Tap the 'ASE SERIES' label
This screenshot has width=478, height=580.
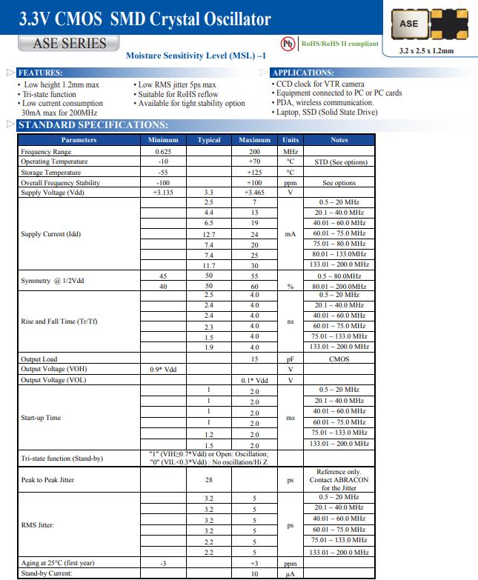click(70, 43)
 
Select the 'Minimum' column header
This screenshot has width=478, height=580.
click(163, 139)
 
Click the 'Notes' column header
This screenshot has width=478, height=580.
click(339, 139)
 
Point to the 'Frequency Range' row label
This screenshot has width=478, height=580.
click(46, 151)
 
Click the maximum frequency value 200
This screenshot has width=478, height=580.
click(253, 151)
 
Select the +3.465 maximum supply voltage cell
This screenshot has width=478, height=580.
click(253, 193)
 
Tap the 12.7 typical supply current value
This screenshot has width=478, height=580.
click(209, 234)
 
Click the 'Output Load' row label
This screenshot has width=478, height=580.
click(39, 359)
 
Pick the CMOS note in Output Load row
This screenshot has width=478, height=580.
click(339, 359)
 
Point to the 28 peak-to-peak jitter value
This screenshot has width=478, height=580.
click(209, 480)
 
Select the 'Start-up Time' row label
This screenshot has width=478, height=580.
click(41, 418)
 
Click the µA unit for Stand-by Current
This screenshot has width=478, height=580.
click(291, 573)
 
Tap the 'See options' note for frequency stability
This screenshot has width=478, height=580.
click(339, 182)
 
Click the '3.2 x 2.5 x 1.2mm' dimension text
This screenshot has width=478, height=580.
click(426, 51)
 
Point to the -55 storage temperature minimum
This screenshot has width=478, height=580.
click(163, 172)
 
